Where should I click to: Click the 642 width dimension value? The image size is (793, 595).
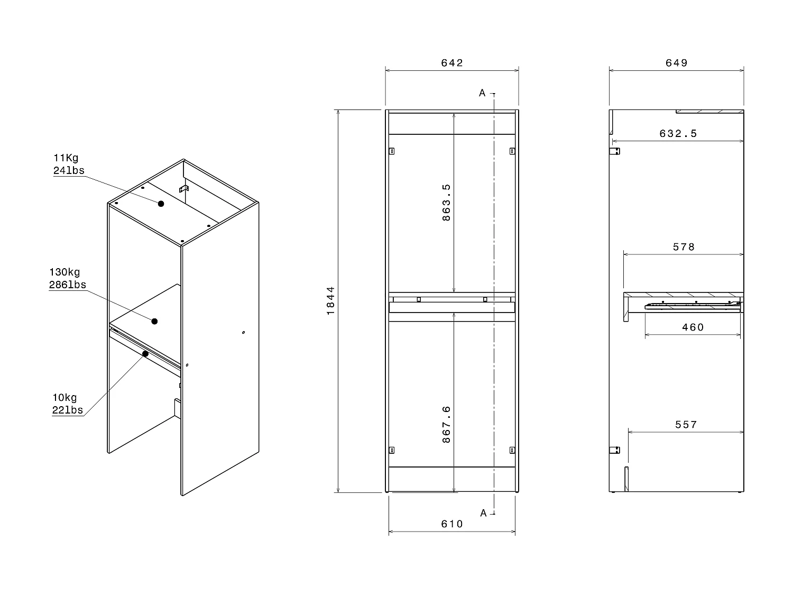pyautogui.click(x=452, y=63)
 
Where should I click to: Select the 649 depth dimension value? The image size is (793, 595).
pyautogui.click(x=677, y=63)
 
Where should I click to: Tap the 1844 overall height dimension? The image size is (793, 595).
pyautogui.click(x=330, y=300)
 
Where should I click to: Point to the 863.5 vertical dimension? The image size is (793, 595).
pyautogui.click(x=446, y=202)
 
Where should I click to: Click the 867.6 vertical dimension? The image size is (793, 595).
pyautogui.click(x=446, y=424)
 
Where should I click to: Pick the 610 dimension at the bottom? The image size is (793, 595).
pyautogui.click(x=452, y=524)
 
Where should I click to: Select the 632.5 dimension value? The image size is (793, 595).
pyautogui.click(x=678, y=134)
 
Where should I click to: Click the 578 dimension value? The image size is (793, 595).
pyautogui.click(x=684, y=247)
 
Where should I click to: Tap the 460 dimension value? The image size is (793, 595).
pyautogui.click(x=693, y=327)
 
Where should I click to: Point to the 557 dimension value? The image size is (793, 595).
pyautogui.click(x=686, y=425)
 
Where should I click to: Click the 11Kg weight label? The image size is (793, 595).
pyautogui.click(x=66, y=158)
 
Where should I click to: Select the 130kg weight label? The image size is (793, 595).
pyautogui.click(x=64, y=272)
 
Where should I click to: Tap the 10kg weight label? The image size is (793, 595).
pyautogui.click(x=64, y=398)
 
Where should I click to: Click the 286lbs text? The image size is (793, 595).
pyautogui.click(x=68, y=285)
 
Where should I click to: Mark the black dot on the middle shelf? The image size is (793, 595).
pyautogui.click(x=154, y=321)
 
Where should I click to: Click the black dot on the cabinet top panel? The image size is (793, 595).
pyautogui.click(x=161, y=204)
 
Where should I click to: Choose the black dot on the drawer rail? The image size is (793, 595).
pyautogui.click(x=145, y=353)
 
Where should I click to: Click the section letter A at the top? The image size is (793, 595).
pyautogui.click(x=482, y=93)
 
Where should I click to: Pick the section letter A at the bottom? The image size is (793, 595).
pyautogui.click(x=483, y=513)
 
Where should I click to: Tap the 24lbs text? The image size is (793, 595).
pyautogui.click(x=69, y=170)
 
